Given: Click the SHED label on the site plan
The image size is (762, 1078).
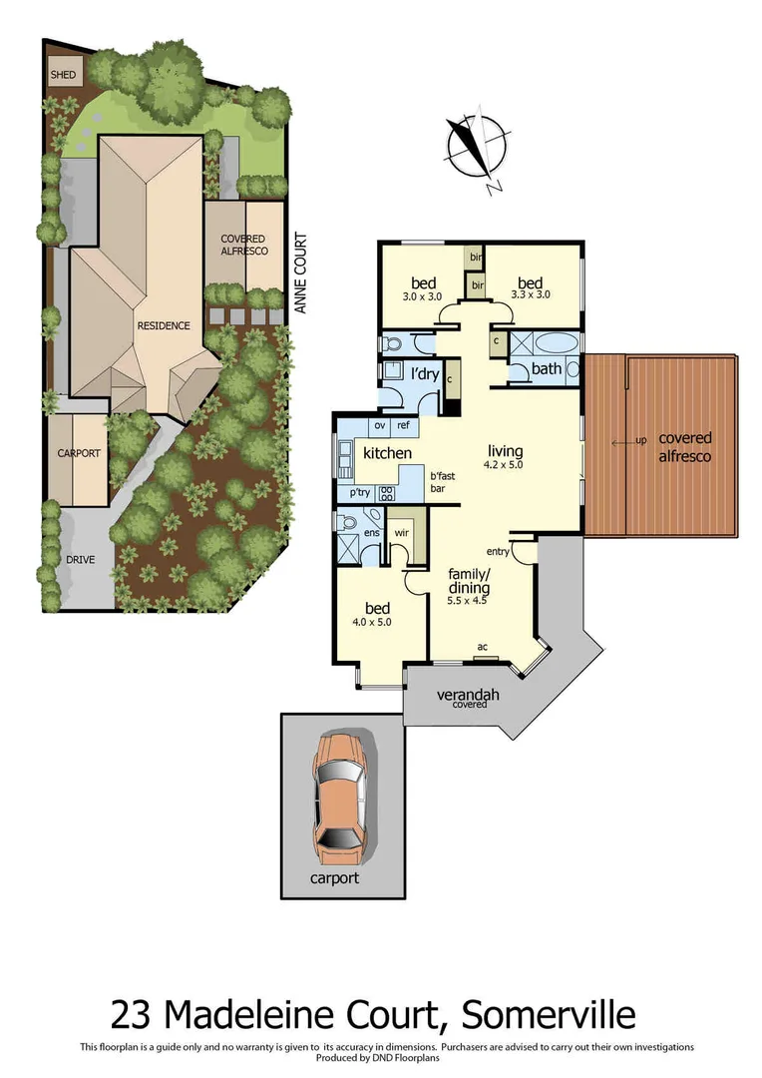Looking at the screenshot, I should [63, 75].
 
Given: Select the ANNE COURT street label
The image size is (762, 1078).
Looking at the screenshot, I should [299, 273].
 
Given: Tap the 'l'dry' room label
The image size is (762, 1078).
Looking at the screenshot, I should [425, 373].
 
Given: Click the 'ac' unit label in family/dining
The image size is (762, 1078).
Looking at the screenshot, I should [483, 648].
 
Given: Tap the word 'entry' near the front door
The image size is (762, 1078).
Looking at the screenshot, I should [499, 552].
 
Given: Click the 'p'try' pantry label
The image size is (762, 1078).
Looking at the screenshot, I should [359, 493].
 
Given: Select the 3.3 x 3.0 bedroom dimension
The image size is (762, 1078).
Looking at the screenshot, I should [530, 294].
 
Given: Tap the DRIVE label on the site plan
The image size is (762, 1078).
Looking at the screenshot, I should [82, 559].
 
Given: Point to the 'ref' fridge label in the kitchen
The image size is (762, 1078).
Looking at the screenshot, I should [403, 426].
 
